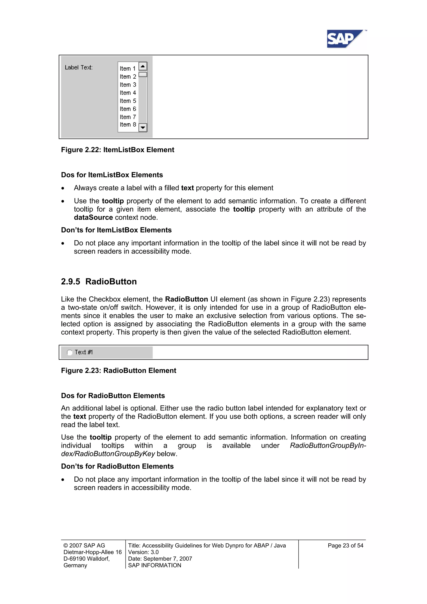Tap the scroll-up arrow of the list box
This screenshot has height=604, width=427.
[x=143, y=66]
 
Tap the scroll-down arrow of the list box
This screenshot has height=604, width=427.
[x=143, y=128]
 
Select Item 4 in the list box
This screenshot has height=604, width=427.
[x=128, y=93]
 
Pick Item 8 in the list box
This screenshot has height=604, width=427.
[x=128, y=125]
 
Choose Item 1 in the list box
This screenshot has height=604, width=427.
[x=128, y=69]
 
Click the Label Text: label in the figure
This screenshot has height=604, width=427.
[x=79, y=68]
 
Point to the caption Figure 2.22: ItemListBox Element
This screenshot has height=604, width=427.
[x=118, y=150]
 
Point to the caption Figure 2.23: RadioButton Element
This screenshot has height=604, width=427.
[x=119, y=371]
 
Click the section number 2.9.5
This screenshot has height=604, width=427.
[x=70, y=282]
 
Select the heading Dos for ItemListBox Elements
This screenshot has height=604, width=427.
[x=112, y=175]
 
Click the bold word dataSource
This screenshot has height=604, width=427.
[x=93, y=217]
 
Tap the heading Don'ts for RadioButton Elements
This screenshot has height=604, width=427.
[x=117, y=466]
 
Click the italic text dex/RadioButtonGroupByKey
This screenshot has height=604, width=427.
[x=108, y=454]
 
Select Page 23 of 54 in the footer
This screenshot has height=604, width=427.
[x=345, y=546]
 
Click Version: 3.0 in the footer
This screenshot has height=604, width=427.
[x=143, y=552]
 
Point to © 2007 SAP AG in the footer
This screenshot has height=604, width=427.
[x=84, y=546]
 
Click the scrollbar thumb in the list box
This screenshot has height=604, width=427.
[x=143, y=74]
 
